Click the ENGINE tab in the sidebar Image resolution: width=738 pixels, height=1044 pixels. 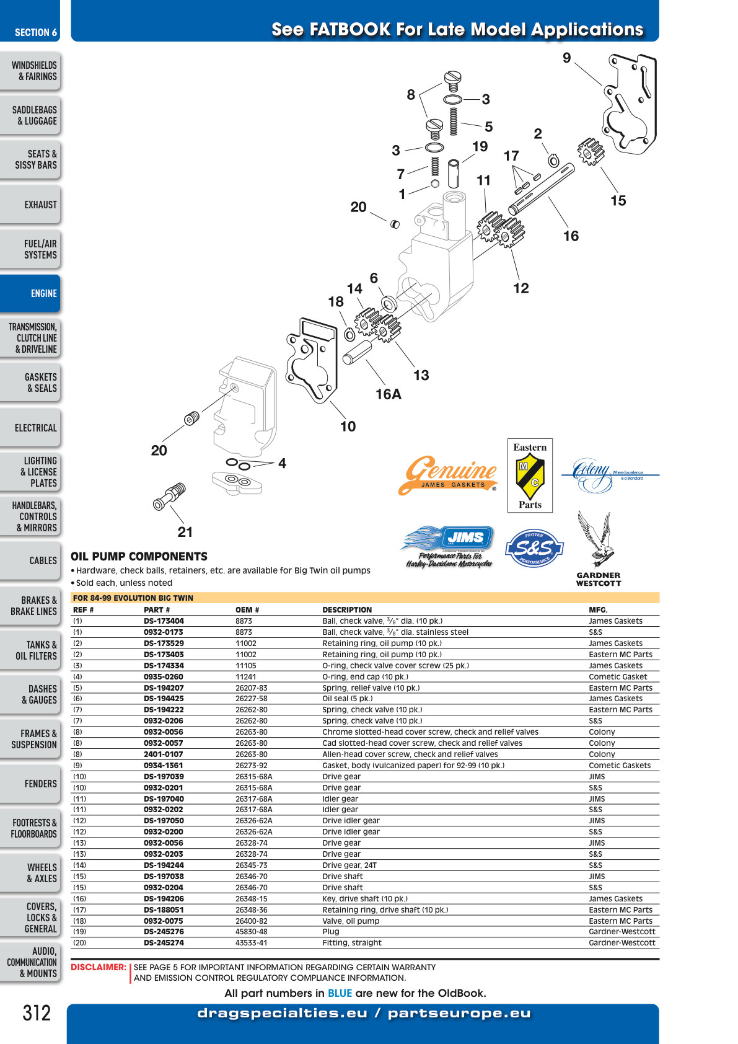(30, 293)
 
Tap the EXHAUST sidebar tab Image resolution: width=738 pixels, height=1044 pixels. (30, 205)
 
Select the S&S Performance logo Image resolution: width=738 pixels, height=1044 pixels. (534, 548)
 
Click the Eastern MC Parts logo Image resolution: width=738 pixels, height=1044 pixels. (530, 476)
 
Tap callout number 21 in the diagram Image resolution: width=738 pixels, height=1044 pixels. (185, 532)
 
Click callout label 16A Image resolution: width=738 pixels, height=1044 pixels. (389, 394)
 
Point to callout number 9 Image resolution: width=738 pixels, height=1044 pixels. (566, 58)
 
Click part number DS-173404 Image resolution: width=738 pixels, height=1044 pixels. (164, 621)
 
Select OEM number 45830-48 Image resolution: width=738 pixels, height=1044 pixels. (252, 931)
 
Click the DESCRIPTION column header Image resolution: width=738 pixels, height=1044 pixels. (347, 609)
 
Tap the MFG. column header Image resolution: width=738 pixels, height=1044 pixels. (598, 609)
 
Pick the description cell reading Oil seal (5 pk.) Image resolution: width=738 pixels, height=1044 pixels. (348, 698)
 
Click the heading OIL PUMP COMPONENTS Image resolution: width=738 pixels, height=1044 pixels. (139, 556)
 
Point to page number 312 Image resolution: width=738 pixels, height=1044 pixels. (37, 1013)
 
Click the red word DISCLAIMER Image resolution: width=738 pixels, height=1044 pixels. (99, 967)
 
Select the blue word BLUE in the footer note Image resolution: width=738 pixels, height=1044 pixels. (340, 993)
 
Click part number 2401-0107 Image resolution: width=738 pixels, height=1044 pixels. (163, 754)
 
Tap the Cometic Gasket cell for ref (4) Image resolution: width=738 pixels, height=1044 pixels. (618, 676)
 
